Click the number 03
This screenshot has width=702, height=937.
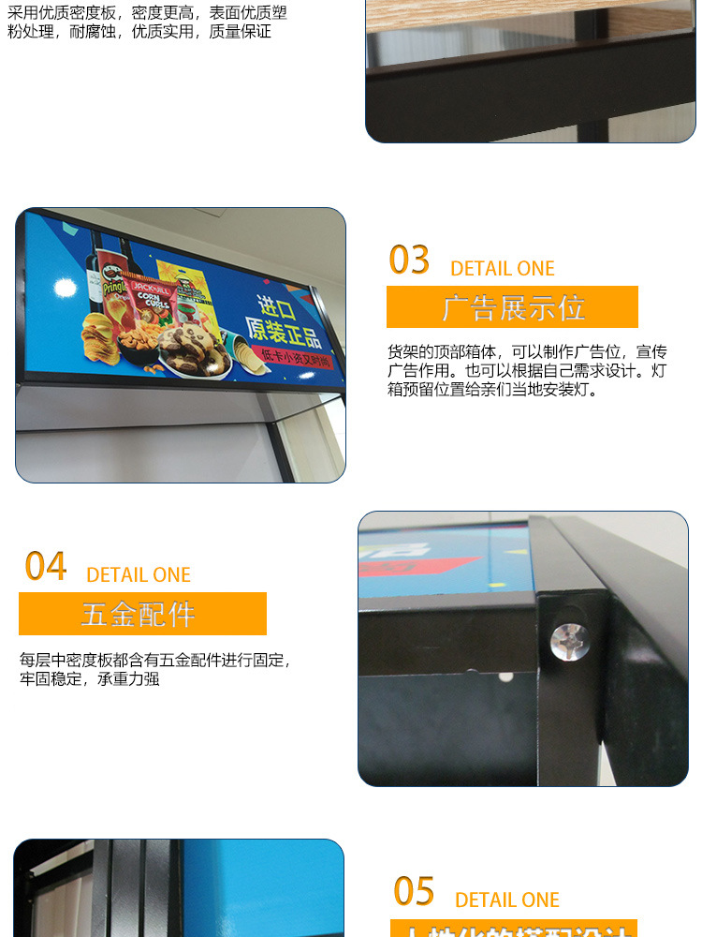click(x=409, y=260)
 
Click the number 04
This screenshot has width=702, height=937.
click(x=46, y=567)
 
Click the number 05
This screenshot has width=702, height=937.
click(x=414, y=891)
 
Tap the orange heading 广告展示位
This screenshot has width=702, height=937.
click(x=512, y=307)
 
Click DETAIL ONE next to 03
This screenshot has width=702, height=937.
click(x=503, y=269)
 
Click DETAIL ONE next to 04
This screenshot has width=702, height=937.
click(x=139, y=575)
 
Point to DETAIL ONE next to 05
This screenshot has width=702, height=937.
click(x=507, y=900)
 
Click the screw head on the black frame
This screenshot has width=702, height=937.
click(x=565, y=640)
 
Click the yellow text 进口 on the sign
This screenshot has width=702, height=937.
click(x=278, y=308)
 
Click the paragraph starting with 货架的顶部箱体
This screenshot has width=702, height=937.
click(x=527, y=370)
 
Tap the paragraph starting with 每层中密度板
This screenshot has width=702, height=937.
click(x=154, y=669)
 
